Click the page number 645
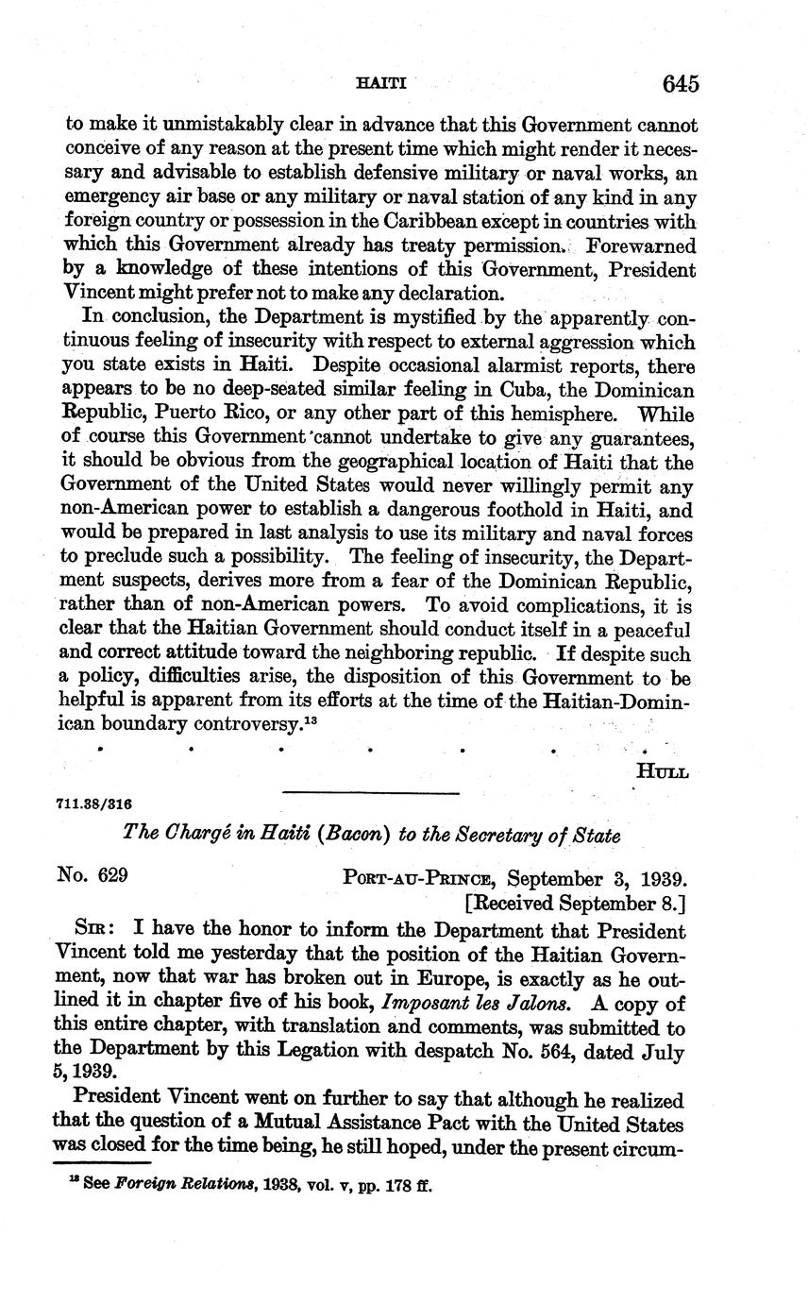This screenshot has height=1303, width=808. (680, 84)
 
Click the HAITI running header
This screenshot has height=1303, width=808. (382, 83)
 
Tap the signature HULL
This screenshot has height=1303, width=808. (663, 771)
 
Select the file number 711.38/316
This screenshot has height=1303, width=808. (94, 804)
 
